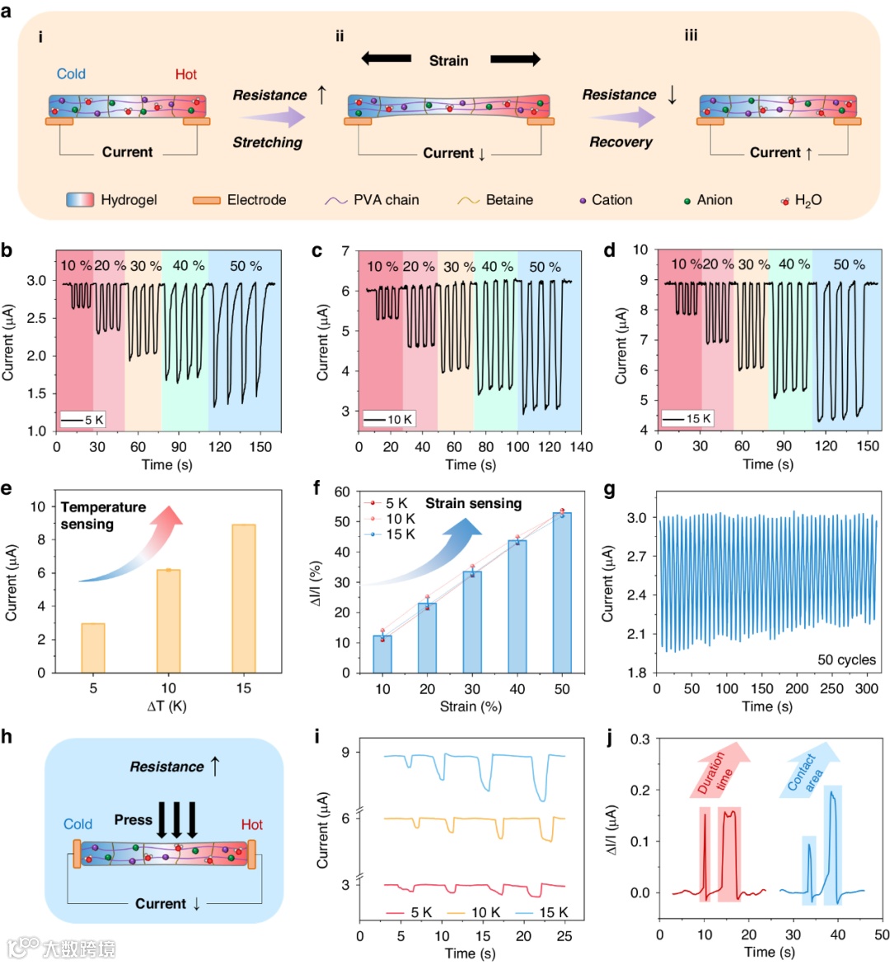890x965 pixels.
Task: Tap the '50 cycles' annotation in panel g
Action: click(845, 660)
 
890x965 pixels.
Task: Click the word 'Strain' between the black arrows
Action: click(448, 61)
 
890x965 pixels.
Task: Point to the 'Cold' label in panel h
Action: click(77, 824)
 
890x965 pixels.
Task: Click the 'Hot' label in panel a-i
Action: click(186, 74)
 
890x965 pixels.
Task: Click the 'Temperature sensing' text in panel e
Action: click(103, 515)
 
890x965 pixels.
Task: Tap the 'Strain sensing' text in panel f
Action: click(473, 504)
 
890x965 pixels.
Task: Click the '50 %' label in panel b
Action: click(246, 266)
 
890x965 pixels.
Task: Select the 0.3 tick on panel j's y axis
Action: click(639, 739)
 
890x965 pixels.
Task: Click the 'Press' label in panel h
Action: click(133, 820)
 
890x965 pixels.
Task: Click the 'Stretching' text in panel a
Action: click(267, 142)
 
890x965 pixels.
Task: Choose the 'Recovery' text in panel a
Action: click(621, 142)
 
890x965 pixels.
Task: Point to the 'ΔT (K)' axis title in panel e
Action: click(168, 706)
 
